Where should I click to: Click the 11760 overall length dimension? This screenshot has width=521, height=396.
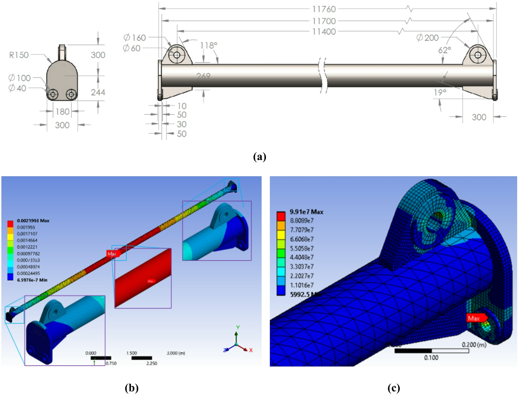point(324,9)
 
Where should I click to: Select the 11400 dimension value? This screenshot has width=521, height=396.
point(324,32)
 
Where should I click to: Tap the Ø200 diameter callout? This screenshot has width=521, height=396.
point(427,38)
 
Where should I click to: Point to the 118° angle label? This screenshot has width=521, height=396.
point(208,46)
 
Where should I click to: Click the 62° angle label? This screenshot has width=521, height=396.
point(444,50)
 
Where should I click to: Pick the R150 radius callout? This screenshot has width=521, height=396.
point(19,55)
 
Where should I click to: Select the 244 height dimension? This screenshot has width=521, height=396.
point(98,92)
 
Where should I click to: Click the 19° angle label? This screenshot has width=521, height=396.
point(440,93)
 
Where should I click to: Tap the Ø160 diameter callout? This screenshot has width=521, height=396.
point(134,38)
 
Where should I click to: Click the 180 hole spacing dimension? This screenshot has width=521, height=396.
point(63,112)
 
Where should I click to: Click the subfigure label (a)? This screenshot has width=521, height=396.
point(259,157)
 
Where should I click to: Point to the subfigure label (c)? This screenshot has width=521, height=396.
point(394,388)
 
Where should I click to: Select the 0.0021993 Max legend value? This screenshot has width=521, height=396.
point(33,221)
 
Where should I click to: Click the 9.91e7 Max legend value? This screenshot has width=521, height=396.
point(306,212)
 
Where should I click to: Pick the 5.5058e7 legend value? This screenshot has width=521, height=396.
point(302,248)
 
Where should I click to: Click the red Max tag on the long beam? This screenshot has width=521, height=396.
point(112,254)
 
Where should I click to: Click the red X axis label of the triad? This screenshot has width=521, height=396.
point(251,350)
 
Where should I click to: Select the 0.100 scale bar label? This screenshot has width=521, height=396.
point(431,358)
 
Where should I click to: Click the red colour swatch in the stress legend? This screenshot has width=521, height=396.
point(281,216)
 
